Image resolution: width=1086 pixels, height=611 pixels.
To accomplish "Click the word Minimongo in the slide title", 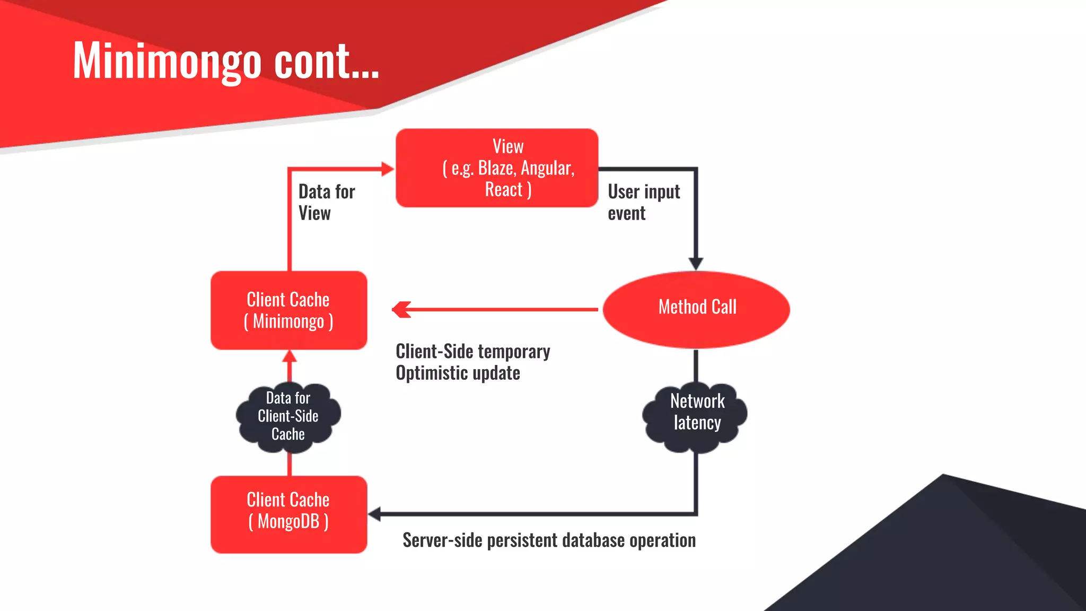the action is click(167, 62).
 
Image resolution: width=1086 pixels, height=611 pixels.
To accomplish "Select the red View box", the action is click(497, 168).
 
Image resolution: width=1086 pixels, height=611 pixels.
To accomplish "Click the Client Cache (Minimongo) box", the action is click(288, 310).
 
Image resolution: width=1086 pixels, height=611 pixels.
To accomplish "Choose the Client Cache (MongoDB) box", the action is click(288, 514).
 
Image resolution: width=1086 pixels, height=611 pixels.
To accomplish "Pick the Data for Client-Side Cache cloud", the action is click(288, 416).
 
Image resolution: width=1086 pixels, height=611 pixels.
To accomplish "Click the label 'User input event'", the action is click(643, 202).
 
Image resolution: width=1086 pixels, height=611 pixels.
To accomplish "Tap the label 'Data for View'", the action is click(326, 202).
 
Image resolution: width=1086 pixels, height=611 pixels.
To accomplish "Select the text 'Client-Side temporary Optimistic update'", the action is click(472, 362).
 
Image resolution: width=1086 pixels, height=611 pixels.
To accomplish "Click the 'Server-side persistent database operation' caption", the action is click(549, 540).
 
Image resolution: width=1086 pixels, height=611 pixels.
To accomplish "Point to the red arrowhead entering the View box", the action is click(388, 169).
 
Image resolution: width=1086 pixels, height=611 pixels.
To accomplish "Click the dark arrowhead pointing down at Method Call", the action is click(696, 264).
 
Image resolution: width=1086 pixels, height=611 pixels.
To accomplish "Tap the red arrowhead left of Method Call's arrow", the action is click(401, 309).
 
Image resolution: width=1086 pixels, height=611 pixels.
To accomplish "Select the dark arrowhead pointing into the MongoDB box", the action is click(374, 514).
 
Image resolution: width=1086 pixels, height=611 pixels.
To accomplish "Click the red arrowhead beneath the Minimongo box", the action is click(289, 356).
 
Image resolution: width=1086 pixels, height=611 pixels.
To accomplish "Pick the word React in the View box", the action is click(503, 189).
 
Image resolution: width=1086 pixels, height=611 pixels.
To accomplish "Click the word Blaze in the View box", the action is click(496, 168).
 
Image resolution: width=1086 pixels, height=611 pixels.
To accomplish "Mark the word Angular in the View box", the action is click(547, 168).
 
